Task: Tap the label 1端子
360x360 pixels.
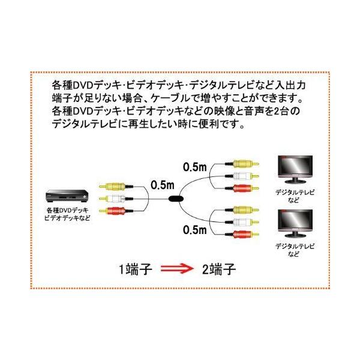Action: [x=134, y=267]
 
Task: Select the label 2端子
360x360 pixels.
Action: [x=217, y=267]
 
